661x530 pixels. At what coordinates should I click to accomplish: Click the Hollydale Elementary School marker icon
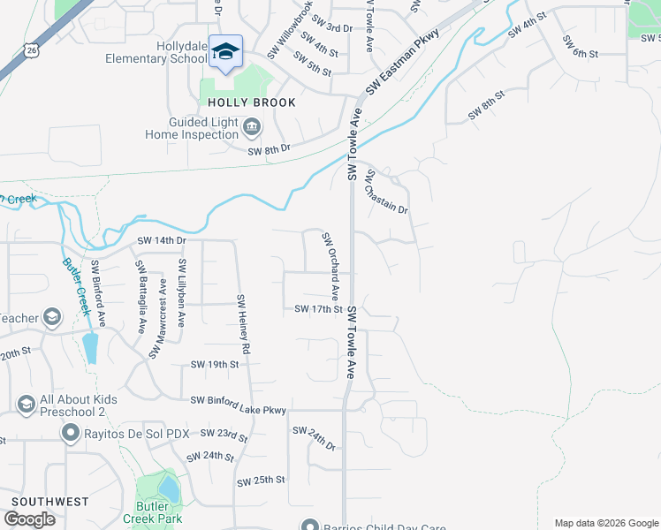[x=226, y=51]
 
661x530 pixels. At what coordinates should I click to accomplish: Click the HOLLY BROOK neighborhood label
[x=251, y=102]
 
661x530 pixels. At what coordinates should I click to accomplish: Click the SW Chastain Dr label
[x=387, y=192]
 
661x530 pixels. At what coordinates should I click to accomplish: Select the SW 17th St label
[x=318, y=309]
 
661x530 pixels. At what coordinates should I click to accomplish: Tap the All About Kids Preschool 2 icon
[x=26, y=405]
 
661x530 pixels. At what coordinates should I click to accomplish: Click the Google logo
[x=28, y=519]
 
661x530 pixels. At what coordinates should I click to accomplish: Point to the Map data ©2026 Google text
[x=606, y=523]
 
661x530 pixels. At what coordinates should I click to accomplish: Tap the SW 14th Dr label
[x=162, y=240]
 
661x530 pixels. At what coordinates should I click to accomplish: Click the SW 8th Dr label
[x=269, y=151]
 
